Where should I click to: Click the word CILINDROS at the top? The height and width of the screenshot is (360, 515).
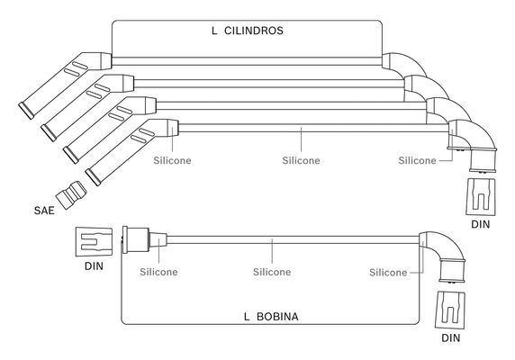tap(254, 31)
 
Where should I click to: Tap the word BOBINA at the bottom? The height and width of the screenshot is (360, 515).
tap(277, 317)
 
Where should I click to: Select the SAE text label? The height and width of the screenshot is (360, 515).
tap(44, 211)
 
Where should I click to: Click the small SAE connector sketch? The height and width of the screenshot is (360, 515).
tap(71, 194)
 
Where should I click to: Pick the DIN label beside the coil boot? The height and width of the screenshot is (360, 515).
tap(94, 266)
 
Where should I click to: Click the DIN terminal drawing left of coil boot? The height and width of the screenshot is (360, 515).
tap(95, 241)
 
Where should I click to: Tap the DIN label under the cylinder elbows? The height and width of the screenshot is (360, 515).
tap(480, 224)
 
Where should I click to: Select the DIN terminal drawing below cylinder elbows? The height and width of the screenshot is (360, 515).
tap(481, 197)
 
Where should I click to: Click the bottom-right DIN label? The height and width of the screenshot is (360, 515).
tap(450, 338)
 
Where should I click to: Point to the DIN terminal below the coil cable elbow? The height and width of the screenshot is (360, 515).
tap(450, 310)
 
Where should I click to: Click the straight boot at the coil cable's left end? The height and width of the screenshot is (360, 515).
tap(144, 240)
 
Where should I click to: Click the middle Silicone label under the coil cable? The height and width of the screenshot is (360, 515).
tap(272, 272)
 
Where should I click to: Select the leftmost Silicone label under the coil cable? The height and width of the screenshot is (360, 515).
tap(158, 272)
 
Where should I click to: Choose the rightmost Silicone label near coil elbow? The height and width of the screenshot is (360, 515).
tap(388, 273)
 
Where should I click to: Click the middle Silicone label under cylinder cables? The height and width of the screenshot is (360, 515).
tap(301, 160)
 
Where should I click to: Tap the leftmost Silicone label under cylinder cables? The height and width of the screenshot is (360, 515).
tap(172, 160)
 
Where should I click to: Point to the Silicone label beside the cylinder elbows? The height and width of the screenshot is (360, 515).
tap(417, 160)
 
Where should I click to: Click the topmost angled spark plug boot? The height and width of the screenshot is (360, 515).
tap(65, 85)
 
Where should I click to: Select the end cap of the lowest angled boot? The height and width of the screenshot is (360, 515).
tap(93, 177)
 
